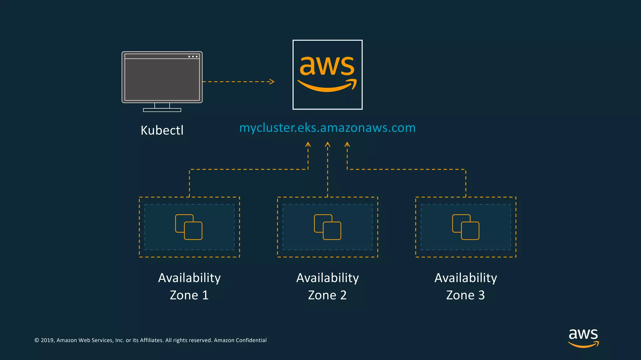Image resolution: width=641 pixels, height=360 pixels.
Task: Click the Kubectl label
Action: (162, 130)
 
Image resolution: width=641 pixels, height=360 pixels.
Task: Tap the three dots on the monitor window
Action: (193, 57)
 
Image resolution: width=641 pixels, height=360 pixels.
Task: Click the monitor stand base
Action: (162, 110)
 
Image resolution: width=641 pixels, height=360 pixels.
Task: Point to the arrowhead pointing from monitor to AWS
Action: (272, 82)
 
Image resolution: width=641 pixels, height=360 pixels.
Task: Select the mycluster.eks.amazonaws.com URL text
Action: (327, 128)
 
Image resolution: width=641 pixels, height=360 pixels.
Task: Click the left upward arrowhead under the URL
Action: (308, 144)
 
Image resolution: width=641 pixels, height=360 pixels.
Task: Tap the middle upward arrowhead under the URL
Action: (327, 144)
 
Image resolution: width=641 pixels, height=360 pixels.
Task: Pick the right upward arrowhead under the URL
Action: (347, 144)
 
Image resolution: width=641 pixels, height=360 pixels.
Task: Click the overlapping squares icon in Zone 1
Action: (189, 227)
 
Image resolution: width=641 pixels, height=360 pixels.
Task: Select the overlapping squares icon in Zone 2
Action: (327, 227)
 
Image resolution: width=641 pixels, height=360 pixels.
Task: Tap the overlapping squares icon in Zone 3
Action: (466, 227)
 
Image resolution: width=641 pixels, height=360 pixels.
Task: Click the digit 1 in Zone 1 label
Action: (205, 295)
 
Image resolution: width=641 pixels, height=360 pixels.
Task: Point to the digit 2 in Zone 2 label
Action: (343, 295)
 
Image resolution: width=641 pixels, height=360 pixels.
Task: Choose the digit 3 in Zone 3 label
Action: (481, 295)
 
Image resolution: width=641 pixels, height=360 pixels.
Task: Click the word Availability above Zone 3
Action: (466, 278)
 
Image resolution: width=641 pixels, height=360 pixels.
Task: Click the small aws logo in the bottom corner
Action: (583, 338)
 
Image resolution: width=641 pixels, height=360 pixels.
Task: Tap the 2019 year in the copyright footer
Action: (48, 340)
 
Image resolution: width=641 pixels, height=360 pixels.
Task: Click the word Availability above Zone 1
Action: (189, 278)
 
